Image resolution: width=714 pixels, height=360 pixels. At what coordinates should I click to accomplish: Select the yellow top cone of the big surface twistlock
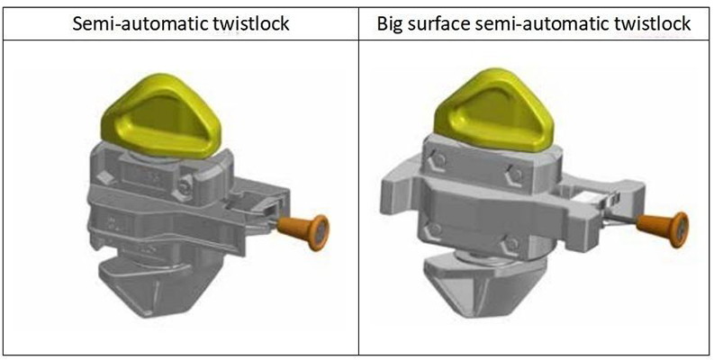click(x=491, y=113)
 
